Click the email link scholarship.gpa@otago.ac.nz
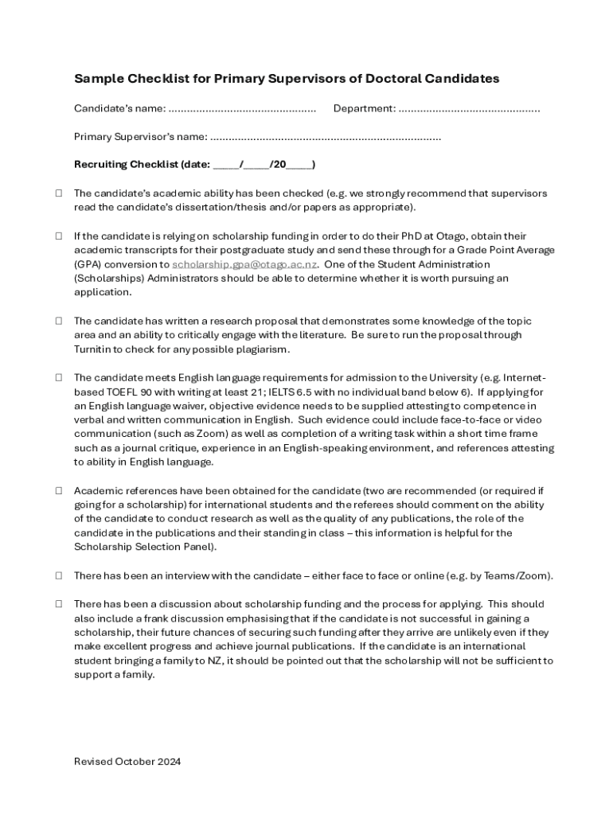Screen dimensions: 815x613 point(245,264)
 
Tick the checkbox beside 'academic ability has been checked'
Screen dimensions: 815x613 point(59,193)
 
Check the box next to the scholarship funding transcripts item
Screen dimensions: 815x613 point(59,236)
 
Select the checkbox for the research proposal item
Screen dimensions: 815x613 point(59,321)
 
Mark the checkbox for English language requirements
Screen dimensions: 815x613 point(59,377)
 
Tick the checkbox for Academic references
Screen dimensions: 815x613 point(59,491)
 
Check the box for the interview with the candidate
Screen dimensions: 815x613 point(59,575)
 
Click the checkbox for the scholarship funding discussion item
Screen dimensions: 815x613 point(59,604)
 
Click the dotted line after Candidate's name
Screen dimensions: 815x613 point(242,108)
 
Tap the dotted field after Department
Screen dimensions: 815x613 point(469,108)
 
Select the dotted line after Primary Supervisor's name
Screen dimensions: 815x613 point(326,137)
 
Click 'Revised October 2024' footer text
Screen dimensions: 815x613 point(127,762)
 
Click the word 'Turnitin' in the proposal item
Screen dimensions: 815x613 point(96,349)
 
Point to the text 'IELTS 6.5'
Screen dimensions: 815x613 point(316,392)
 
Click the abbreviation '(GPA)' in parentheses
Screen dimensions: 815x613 point(88,264)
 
